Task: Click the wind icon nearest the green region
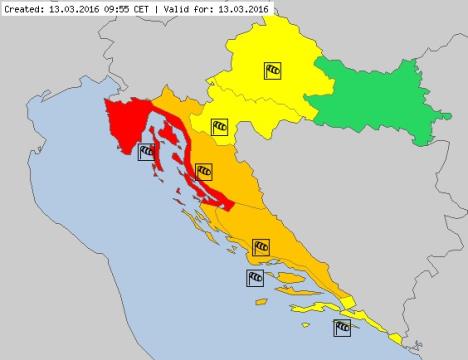[x=274, y=70]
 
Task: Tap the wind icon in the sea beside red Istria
[x=147, y=152]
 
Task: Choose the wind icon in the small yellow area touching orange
[x=219, y=127]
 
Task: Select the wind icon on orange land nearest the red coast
[x=204, y=171]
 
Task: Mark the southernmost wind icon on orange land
[x=261, y=245]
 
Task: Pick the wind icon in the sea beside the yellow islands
[x=343, y=326]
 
